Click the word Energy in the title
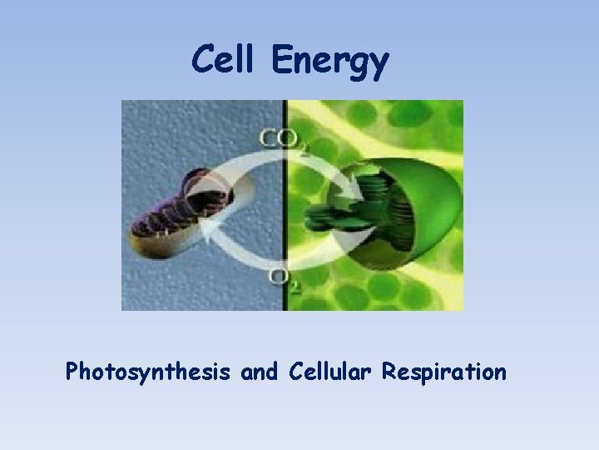pos(329,61)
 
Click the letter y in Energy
pos(379,66)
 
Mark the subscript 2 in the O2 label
pos(295,285)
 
